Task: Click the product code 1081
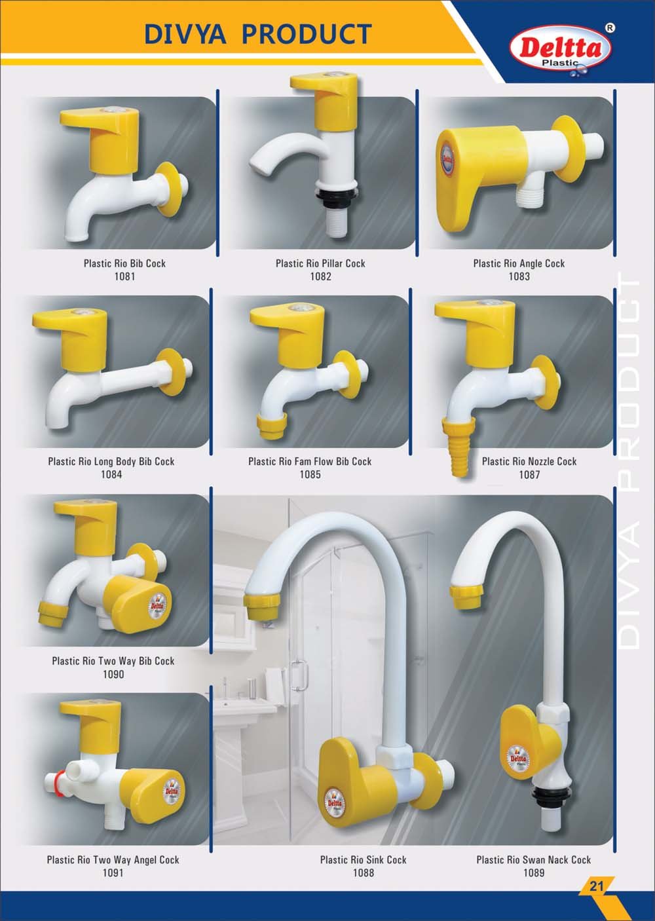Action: point(124,276)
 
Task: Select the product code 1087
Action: point(529,474)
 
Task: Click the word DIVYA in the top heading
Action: point(185,34)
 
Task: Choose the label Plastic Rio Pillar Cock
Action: point(320,263)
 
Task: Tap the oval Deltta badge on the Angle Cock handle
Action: point(447,159)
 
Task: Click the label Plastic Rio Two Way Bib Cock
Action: point(113,661)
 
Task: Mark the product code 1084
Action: point(111,474)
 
